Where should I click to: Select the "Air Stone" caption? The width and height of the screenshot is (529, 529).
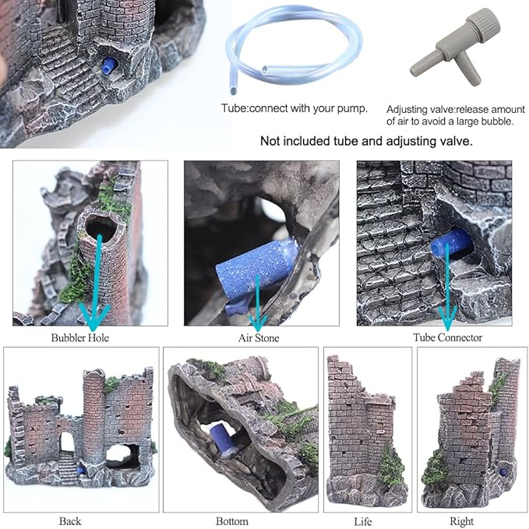point(258,338)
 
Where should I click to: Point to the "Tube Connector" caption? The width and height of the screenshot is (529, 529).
point(447,338)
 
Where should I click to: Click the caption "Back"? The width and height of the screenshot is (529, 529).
point(69,520)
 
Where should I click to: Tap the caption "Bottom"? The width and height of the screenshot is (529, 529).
point(232,520)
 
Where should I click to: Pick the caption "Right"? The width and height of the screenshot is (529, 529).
point(460,520)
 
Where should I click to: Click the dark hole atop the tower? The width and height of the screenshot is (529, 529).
point(99,227)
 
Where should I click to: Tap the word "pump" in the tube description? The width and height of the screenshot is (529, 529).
point(351,108)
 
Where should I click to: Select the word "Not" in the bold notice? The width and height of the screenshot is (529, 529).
point(271,142)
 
